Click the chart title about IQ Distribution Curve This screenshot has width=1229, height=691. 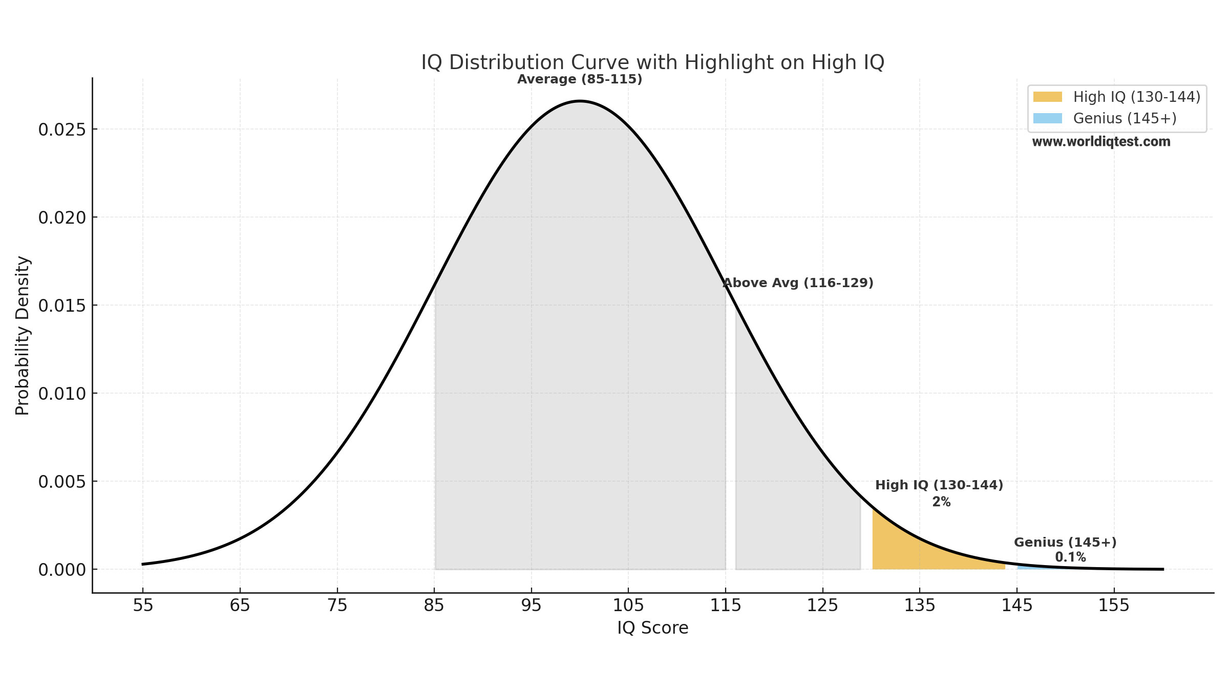652,62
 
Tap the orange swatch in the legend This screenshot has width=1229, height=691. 1047,97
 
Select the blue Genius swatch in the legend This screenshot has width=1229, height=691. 1047,118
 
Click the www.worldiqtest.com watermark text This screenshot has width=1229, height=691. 1101,142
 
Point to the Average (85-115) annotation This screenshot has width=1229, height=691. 579,79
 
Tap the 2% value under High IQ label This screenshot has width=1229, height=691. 941,502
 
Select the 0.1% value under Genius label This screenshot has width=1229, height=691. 1070,557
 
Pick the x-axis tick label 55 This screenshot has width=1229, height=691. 143,606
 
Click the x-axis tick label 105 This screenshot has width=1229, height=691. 628,606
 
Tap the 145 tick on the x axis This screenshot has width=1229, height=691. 1017,606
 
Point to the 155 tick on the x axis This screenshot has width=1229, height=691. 1114,606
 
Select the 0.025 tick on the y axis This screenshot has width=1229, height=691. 61,129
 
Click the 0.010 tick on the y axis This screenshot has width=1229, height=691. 61,394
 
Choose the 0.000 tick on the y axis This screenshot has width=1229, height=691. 61,570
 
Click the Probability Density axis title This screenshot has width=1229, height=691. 23,335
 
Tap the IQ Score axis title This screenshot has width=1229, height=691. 652,628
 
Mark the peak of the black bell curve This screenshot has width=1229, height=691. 580,101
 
